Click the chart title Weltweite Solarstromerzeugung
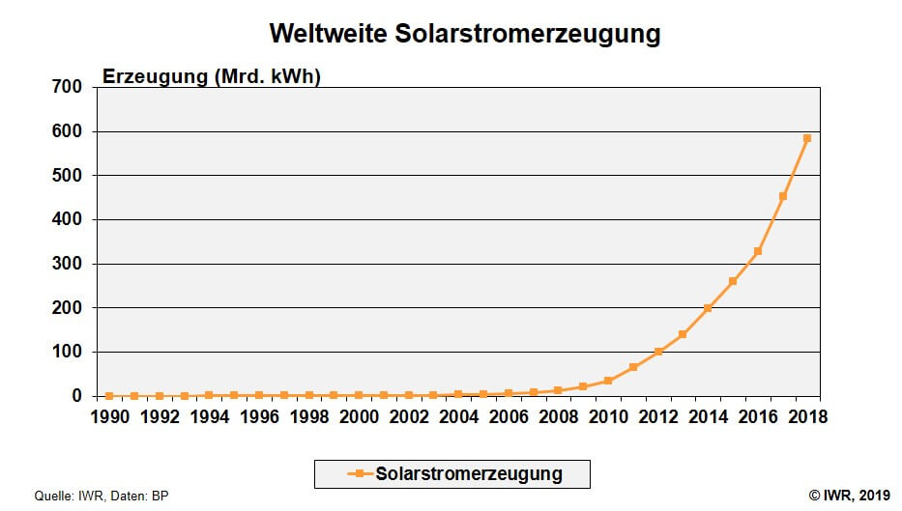(x=464, y=34)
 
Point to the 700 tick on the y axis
(x=68, y=87)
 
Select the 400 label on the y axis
(x=68, y=219)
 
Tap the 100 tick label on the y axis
(x=68, y=352)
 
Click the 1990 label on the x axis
(x=109, y=416)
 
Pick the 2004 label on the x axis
(x=458, y=416)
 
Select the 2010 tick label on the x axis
(x=608, y=416)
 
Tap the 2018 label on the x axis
(x=807, y=416)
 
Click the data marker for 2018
(x=807, y=138)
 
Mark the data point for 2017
(x=782, y=196)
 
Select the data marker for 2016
(x=757, y=251)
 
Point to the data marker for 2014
(x=708, y=308)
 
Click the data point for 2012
(x=657, y=352)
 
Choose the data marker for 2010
(x=608, y=381)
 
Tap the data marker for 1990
(x=109, y=396)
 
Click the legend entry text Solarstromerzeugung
(x=469, y=474)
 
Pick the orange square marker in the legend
(x=358, y=474)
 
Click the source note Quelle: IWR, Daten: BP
(x=95, y=496)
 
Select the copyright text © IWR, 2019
(x=849, y=496)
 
